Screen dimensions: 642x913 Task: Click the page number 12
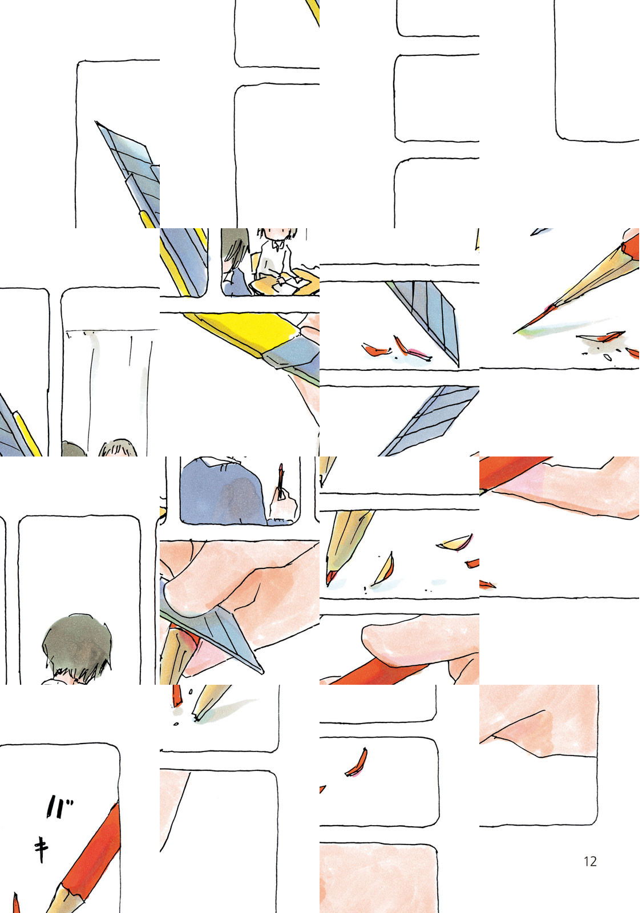click(590, 861)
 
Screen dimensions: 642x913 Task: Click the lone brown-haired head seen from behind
click(77, 648)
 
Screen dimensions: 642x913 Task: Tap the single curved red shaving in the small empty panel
click(357, 762)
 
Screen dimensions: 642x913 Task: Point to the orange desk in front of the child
click(285, 281)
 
